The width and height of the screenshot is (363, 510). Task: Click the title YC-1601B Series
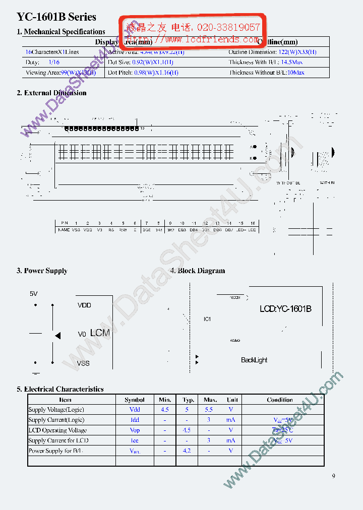coord(56,17)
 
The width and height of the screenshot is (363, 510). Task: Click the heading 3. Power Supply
coord(42,271)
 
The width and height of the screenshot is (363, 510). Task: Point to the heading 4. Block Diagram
coord(198,271)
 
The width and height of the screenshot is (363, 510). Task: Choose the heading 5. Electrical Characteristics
coord(60,389)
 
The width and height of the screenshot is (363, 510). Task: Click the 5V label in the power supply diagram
coord(34,293)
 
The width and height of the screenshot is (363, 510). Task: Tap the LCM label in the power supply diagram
coord(100,333)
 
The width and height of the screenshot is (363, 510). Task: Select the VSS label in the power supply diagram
coord(84,363)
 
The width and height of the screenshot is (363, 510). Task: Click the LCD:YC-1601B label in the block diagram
coord(285,309)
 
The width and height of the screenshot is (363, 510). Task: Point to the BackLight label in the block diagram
coord(254,360)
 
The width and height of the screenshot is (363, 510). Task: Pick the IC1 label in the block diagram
coord(207,319)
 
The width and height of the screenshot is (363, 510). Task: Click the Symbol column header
coord(135,400)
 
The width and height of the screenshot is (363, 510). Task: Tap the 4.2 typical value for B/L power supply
coord(187,451)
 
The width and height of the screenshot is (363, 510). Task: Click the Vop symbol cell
coord(135,430)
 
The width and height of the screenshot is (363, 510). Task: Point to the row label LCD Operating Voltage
coord(57,430)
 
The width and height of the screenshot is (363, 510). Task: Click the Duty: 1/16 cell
coord(42,62)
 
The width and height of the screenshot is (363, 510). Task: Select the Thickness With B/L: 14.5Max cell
coord(266,62)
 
